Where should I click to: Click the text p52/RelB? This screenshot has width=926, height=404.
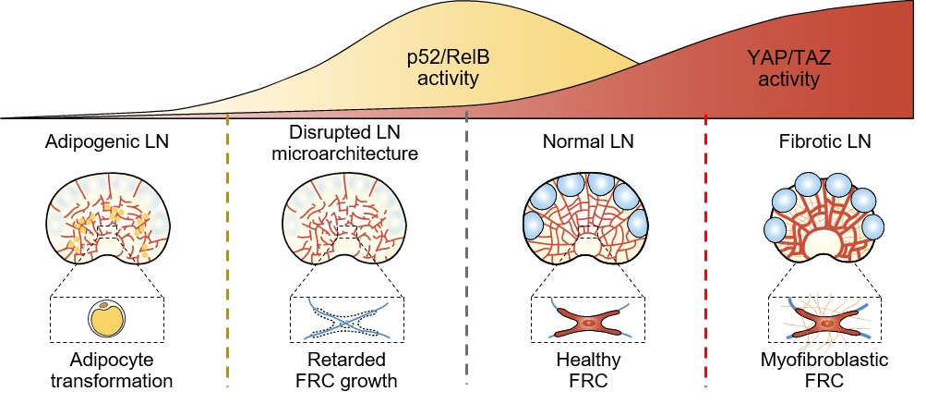(448, 57)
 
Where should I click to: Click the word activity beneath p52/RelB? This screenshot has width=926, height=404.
(448, 79)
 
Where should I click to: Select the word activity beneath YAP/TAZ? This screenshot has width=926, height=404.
(788, 80)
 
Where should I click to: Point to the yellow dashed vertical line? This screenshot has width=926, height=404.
(227, 250)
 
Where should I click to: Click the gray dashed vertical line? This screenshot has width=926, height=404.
(467, 250)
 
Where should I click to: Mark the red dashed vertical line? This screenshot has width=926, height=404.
(706, 250)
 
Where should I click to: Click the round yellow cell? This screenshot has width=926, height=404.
(106, 319)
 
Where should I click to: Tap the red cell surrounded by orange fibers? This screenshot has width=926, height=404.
(826, 324)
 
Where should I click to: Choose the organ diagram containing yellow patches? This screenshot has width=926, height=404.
(109, 219)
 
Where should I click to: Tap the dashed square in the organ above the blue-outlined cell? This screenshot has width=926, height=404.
(346, 230)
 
